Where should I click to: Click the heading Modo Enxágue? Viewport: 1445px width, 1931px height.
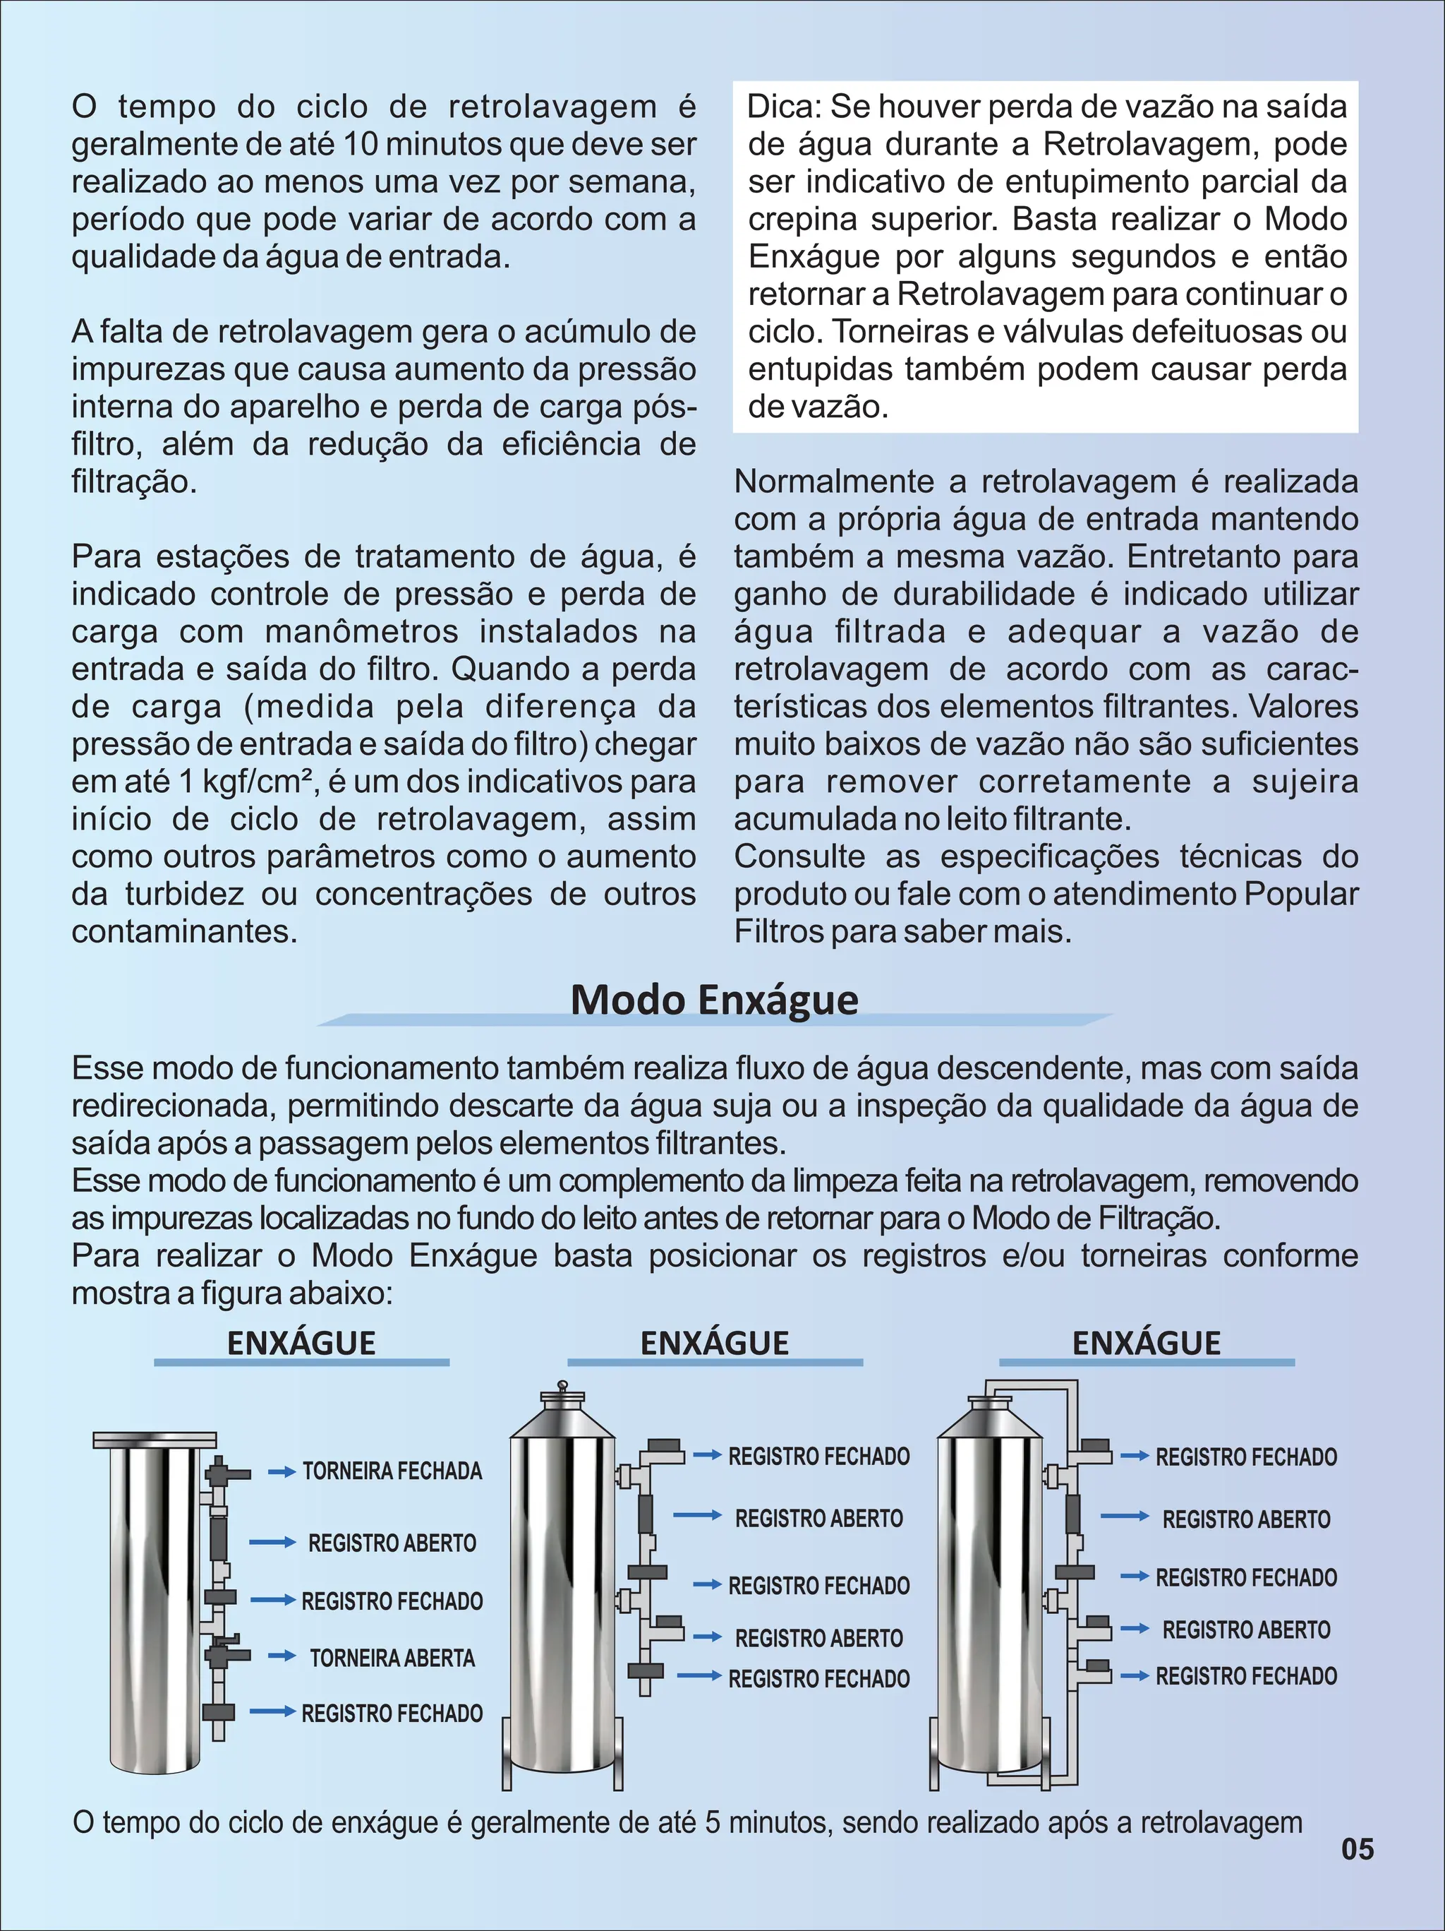[x=714, y=1000]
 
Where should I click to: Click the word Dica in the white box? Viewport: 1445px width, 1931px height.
[x=782, y=107]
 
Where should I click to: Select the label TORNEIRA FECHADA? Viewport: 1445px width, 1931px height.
[x=392, y=1471]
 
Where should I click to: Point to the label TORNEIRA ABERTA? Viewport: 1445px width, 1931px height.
[x=392, y=1658]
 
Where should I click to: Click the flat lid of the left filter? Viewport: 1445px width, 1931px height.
[x=155, y=1440]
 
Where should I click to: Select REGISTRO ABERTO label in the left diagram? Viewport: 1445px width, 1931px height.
[x=392, y=1543]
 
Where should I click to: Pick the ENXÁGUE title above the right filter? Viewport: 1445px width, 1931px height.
[x=1146, y=1343]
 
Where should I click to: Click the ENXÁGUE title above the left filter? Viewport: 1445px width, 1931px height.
[x=301, y=1343]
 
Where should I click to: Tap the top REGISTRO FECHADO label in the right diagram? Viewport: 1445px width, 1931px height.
[x=1246, y=1457]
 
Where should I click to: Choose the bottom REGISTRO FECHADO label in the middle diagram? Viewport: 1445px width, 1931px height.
[x=818, y=1679]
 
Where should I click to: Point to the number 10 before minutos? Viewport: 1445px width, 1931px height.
[x=361, y=145]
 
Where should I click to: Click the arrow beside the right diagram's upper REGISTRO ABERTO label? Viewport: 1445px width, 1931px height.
[x=1124, y=1517]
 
